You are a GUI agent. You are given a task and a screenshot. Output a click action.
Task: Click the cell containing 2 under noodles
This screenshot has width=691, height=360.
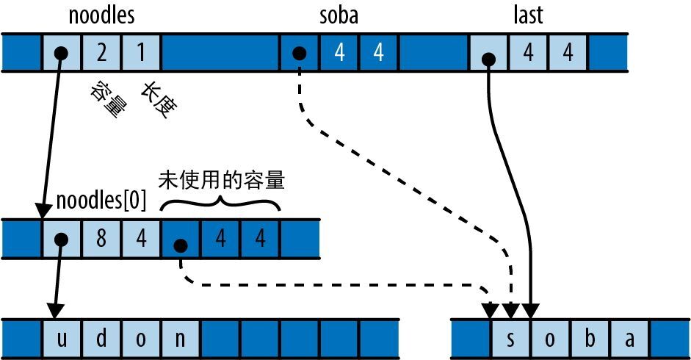[103, 53]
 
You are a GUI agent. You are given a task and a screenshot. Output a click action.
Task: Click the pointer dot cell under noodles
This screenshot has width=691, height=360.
[62, 53]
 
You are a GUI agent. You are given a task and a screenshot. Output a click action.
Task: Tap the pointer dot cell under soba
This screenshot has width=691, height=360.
[300, 53]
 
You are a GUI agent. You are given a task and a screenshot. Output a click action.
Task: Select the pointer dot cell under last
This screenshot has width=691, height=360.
[488, 53]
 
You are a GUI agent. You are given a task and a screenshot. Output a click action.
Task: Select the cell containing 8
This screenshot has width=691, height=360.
[103, 239]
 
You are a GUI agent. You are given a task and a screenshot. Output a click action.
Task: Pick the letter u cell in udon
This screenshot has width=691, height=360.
[62, 339]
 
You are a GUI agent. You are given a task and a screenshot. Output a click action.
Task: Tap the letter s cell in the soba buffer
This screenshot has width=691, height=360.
[510, 339]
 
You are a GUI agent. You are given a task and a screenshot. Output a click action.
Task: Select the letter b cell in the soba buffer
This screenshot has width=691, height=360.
[590, 339]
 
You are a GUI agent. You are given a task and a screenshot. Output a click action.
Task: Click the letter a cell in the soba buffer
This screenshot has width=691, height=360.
[630, 339]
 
